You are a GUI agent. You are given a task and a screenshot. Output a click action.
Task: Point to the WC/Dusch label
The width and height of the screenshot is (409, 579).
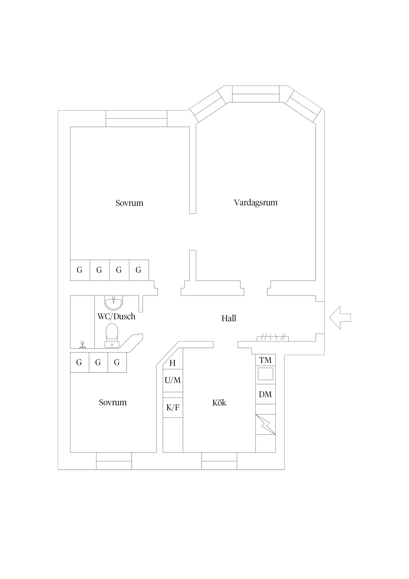pos(116,316)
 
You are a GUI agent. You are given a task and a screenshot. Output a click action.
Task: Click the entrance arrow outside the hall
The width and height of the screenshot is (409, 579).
pos(340,318)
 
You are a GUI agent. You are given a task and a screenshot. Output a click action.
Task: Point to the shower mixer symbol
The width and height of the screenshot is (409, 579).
pos(82,345)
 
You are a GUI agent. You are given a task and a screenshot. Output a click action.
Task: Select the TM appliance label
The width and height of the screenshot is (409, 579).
pos(265,360)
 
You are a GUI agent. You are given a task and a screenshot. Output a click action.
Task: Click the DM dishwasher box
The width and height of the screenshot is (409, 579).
pos(265,394)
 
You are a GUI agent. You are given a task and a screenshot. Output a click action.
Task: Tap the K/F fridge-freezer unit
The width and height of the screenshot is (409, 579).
pos(173,408)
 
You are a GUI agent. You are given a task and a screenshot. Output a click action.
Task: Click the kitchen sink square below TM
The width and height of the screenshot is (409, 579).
pos(265,374)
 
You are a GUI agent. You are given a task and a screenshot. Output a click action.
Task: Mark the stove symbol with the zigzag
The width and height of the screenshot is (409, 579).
pos(265,424)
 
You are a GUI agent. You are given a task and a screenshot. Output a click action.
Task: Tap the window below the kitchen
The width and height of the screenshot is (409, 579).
pos(219,461)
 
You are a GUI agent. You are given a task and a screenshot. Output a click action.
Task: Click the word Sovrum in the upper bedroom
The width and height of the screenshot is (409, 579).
pos(129,203)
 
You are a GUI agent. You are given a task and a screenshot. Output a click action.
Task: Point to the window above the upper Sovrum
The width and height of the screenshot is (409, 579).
pos(136,119)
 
